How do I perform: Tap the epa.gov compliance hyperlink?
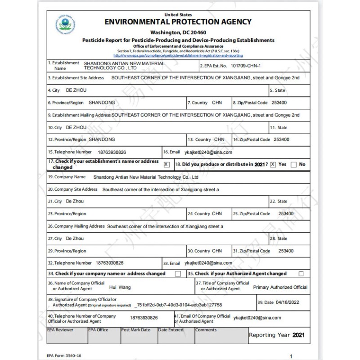click(x=178, y=55)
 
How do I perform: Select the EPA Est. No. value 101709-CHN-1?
click(x=245, y=66)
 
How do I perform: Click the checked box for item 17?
click(x=167, y=164)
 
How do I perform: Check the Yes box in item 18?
click(x=273, y=164)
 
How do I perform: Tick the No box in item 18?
click(x=294, y=165)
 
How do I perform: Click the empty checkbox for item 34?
click(x=178, y=274)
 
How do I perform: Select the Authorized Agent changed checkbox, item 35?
click(x=301, y=274)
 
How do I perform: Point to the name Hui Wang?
click(x=120, y=287)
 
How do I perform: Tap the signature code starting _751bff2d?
click(x=178, y=305)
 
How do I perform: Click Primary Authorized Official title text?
click(x=280, y=287)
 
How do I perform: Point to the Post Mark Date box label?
click(x=136, y=330)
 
